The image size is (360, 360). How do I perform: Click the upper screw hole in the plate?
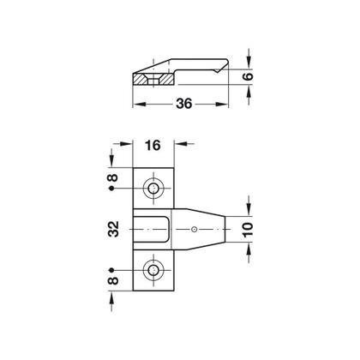coord(154,189)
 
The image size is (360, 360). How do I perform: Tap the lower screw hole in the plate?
coord(154,271)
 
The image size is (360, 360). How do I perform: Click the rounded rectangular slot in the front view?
coord(154,230)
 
